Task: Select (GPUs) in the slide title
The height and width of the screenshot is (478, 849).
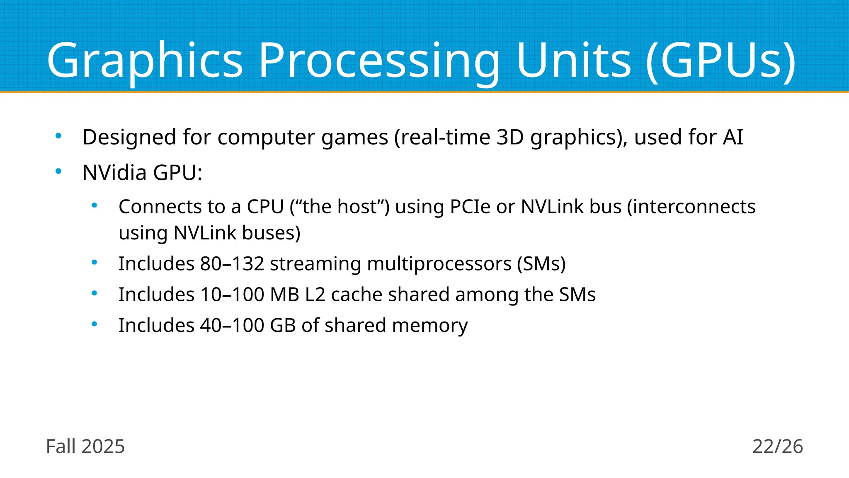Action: coord(720,61)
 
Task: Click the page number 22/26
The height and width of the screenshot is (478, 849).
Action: coord(777,446)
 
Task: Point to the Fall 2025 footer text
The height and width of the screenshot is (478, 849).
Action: coord(85,446)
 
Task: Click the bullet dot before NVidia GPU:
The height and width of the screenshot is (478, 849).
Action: coord(58,171)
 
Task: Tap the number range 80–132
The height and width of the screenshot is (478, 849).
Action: coord(232,263)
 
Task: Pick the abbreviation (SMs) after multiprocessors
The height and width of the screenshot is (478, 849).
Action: coord(541,264)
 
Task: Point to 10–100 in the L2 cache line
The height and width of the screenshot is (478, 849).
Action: coord(232,295)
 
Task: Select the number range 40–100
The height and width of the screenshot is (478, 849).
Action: coord(232,325)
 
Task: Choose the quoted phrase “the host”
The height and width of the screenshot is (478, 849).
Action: coord(340,207)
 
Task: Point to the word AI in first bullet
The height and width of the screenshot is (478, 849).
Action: coord(733,137)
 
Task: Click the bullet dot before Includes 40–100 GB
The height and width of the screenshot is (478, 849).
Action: coord(95,324)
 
